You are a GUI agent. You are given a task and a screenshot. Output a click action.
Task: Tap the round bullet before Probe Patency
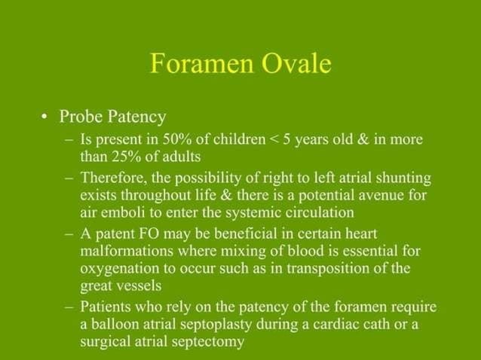pyautogui.click(x=45, y=117)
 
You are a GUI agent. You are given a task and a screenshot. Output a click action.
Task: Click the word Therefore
pyautogui.click(x=113, y=178)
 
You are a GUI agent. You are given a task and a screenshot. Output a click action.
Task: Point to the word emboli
pyautogui.click(x=125, y=212)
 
